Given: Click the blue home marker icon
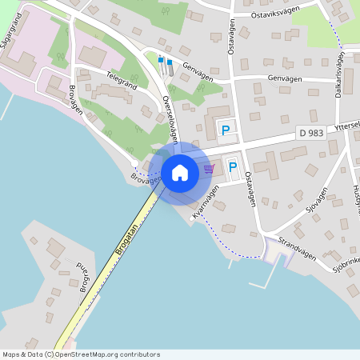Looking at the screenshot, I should coord(180,172).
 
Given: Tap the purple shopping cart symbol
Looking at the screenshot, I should coord(210,168).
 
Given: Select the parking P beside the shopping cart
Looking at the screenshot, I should coord(233,166).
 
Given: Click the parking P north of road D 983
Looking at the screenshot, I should coord(226,130).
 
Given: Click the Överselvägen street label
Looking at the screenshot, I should coord(169,115).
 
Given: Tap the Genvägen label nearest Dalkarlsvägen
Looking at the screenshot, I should coord(285,78).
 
